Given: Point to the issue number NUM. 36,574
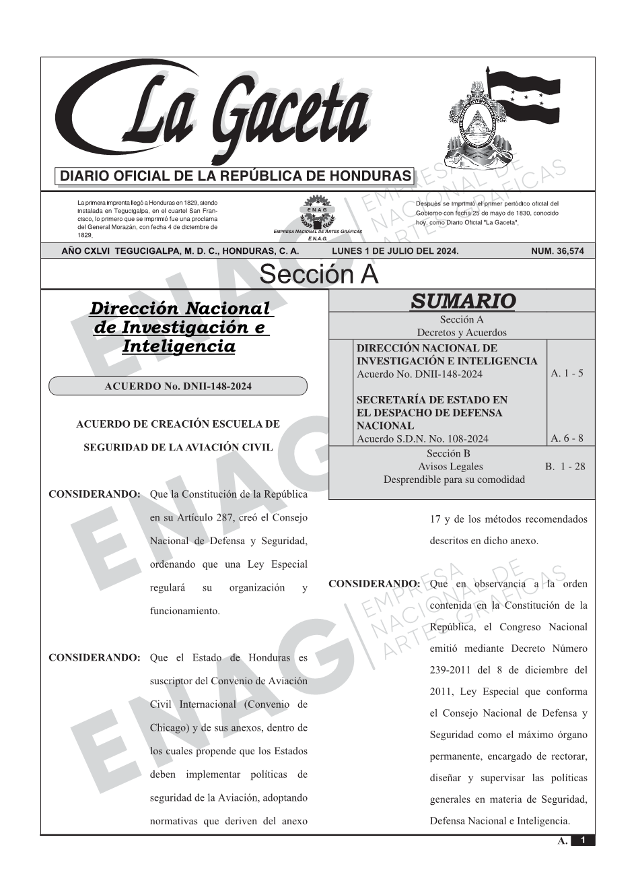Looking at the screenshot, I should click(x=557, y=251).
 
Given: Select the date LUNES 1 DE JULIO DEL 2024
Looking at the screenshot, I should click(x=395, y=251).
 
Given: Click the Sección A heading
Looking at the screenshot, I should click(x=318, y=275).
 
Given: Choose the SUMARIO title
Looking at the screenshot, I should click(x=462, y=301).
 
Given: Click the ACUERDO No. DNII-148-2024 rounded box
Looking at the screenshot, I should click(x=178, y=386).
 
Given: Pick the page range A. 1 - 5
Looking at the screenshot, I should click(x=567, y=373).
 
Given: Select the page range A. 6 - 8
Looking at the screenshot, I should click(x=567, y=438).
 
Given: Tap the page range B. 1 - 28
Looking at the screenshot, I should click(x=565, y=466).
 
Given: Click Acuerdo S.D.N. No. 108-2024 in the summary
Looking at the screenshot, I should click(x=422, y=438).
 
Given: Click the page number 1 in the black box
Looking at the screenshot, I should click(x=583, y=840).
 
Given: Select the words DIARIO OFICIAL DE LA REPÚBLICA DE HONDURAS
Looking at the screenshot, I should click(x=235, y=176).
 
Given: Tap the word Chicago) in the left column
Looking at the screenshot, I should click(x=169, y=727).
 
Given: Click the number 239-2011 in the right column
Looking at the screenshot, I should click(x=450, y=670).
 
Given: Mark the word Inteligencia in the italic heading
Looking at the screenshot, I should click(x=178, y=346).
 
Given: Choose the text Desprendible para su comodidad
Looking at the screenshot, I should click(x=454, y=480).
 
